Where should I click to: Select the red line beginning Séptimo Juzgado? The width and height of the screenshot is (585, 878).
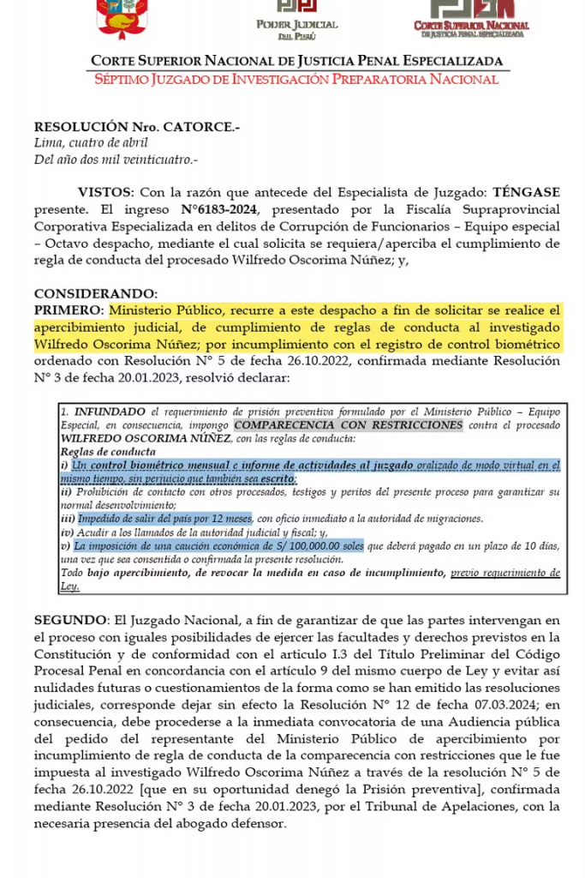pos(296,80)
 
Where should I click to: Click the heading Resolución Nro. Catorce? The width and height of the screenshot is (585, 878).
pos(137,126)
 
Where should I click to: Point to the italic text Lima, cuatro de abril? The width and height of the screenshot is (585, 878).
pos(91,143)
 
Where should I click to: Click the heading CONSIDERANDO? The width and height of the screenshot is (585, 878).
pos(96,293)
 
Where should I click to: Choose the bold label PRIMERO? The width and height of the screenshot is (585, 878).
pos(69,310)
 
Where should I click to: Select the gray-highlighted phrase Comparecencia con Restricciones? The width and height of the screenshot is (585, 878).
pos(348,425)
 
